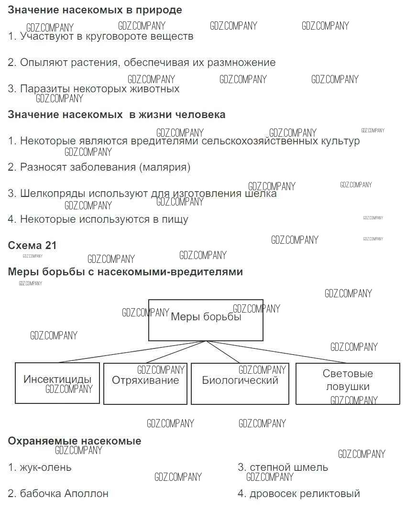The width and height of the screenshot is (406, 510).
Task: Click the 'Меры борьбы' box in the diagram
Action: point(206,320)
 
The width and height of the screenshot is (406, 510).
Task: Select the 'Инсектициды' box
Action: point(57,383)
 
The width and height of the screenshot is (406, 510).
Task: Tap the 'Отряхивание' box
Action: point(145,383)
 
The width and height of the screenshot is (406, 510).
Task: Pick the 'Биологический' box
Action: point(240,383)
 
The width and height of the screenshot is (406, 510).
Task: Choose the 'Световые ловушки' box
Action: point(348,383)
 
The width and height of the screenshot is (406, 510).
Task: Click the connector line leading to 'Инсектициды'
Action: point(132,352)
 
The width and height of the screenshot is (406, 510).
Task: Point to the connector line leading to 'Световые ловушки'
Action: point(276,352)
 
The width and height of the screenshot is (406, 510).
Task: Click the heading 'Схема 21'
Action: point(32,245)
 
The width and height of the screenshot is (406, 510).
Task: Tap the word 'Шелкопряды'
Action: point(53,194)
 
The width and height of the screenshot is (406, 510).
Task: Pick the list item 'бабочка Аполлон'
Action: point(58,493)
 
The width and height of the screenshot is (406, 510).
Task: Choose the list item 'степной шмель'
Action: point(283,467)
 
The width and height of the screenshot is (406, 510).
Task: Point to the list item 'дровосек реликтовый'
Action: point(299,493)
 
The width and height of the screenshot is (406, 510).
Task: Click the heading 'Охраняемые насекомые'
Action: point(75,441)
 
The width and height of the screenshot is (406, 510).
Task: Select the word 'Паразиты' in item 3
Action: point(45,89)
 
